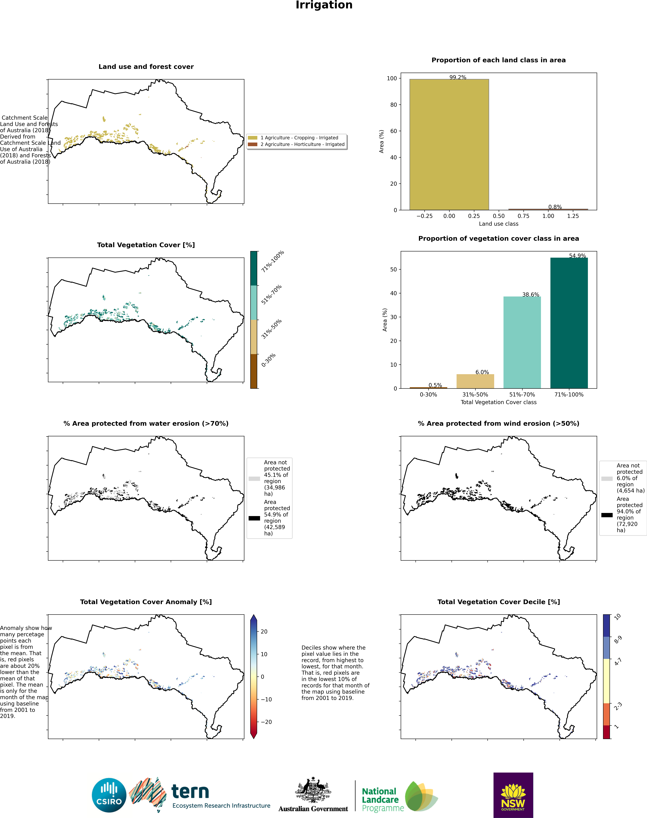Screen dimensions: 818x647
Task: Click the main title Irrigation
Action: pyautogui.click(x=324, y=5)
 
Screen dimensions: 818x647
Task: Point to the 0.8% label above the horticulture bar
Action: pyautogui.click(x=555, y=207)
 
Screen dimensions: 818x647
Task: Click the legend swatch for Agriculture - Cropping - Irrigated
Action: pyautogui.click(x=253, y=138)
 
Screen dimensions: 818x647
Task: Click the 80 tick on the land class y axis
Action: pyautogui.click(x=394, y=105)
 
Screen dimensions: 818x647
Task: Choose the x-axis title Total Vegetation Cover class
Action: pyautogui.click(x=499, y=402)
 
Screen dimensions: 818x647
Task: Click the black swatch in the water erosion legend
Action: pyautogui.click(x=254, y=518)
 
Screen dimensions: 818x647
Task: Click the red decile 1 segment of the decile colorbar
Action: pyautogui.click(x=607, y=732)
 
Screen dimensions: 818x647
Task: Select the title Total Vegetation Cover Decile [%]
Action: pyautogui.click(x=499, y=602)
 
